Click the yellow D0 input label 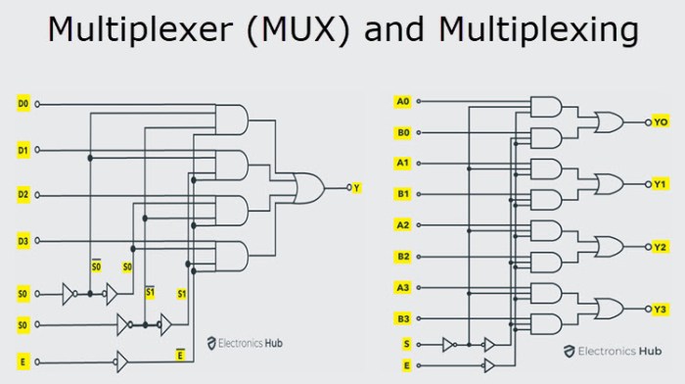pos(23,103)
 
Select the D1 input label pos(23,150)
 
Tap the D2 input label pos(23,195)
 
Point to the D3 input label pos(23,240)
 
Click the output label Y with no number pos(356,186)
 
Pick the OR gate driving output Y pos(311,186)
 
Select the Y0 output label pos(661,122)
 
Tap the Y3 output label pos(661,310)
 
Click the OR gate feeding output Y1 pos(609,184)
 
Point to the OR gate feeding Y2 pos(609,247)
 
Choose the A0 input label pos(402,101)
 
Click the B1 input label pos(402,194)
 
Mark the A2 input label pos(402,225)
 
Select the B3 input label pos(402,317)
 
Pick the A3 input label pos(402,287)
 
